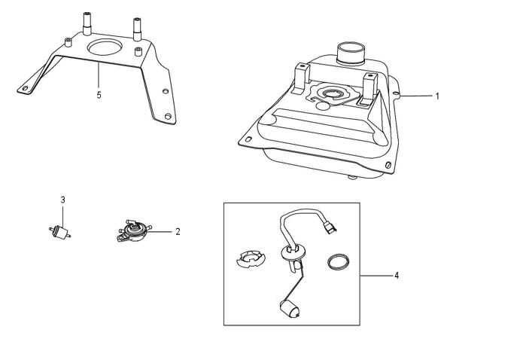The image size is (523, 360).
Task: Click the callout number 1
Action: point(437,96)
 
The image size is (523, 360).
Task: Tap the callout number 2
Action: point(178,231)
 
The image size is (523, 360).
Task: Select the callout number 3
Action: point(63,200)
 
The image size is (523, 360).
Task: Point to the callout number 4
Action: point(397,276)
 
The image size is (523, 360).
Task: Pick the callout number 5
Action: point(99,95)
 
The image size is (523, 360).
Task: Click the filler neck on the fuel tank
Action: point(351,53)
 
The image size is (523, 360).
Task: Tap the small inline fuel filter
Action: point(60,232)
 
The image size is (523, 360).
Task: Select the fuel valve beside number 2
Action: point(134,231)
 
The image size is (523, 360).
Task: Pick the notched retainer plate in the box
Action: point(251,259)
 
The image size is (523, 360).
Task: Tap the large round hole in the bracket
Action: point(105,47)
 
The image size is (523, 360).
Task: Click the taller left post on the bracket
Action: point(87,23)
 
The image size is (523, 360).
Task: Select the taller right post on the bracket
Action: point(137,29)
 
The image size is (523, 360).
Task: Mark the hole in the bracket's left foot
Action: point(25,89)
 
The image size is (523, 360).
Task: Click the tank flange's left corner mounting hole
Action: point(248,139)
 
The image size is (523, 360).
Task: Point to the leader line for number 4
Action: point(376,276)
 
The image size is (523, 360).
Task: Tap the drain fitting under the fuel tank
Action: point(352,178)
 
